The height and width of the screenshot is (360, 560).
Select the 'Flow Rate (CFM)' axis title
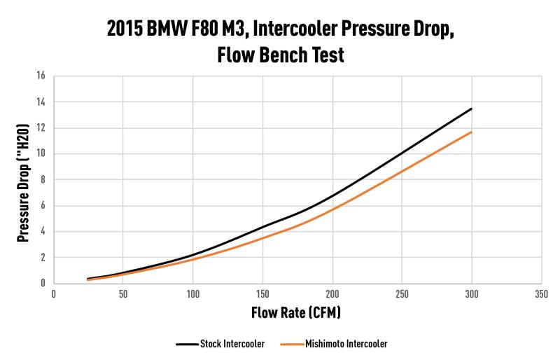(x=296, y=313)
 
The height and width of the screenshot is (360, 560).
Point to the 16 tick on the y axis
(x=41, y=76)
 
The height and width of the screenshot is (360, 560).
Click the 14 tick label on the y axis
(x=41, y=102)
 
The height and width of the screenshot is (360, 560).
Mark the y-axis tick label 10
(x=41, y=153)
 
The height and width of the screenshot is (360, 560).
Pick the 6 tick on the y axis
(x=43, y=206)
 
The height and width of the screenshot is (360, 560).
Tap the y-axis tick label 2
(x=43, y=258)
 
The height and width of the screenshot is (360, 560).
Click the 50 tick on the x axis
(x=123, y=295)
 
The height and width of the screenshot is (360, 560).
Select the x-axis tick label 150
(x=262, y=295)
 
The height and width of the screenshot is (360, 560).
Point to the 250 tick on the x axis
(x=402, y=295)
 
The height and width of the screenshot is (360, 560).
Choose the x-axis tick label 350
(x=541, y=295)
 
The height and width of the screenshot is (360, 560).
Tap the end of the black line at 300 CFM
(x=471, y=109)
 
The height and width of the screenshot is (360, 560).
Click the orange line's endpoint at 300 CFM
(x=471, y=132)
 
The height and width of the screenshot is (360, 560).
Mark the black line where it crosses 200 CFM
(x=332, y=196)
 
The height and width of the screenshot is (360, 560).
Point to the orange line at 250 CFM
(x=402, y=171)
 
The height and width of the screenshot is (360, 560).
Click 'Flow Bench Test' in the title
(x=279, y=55)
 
